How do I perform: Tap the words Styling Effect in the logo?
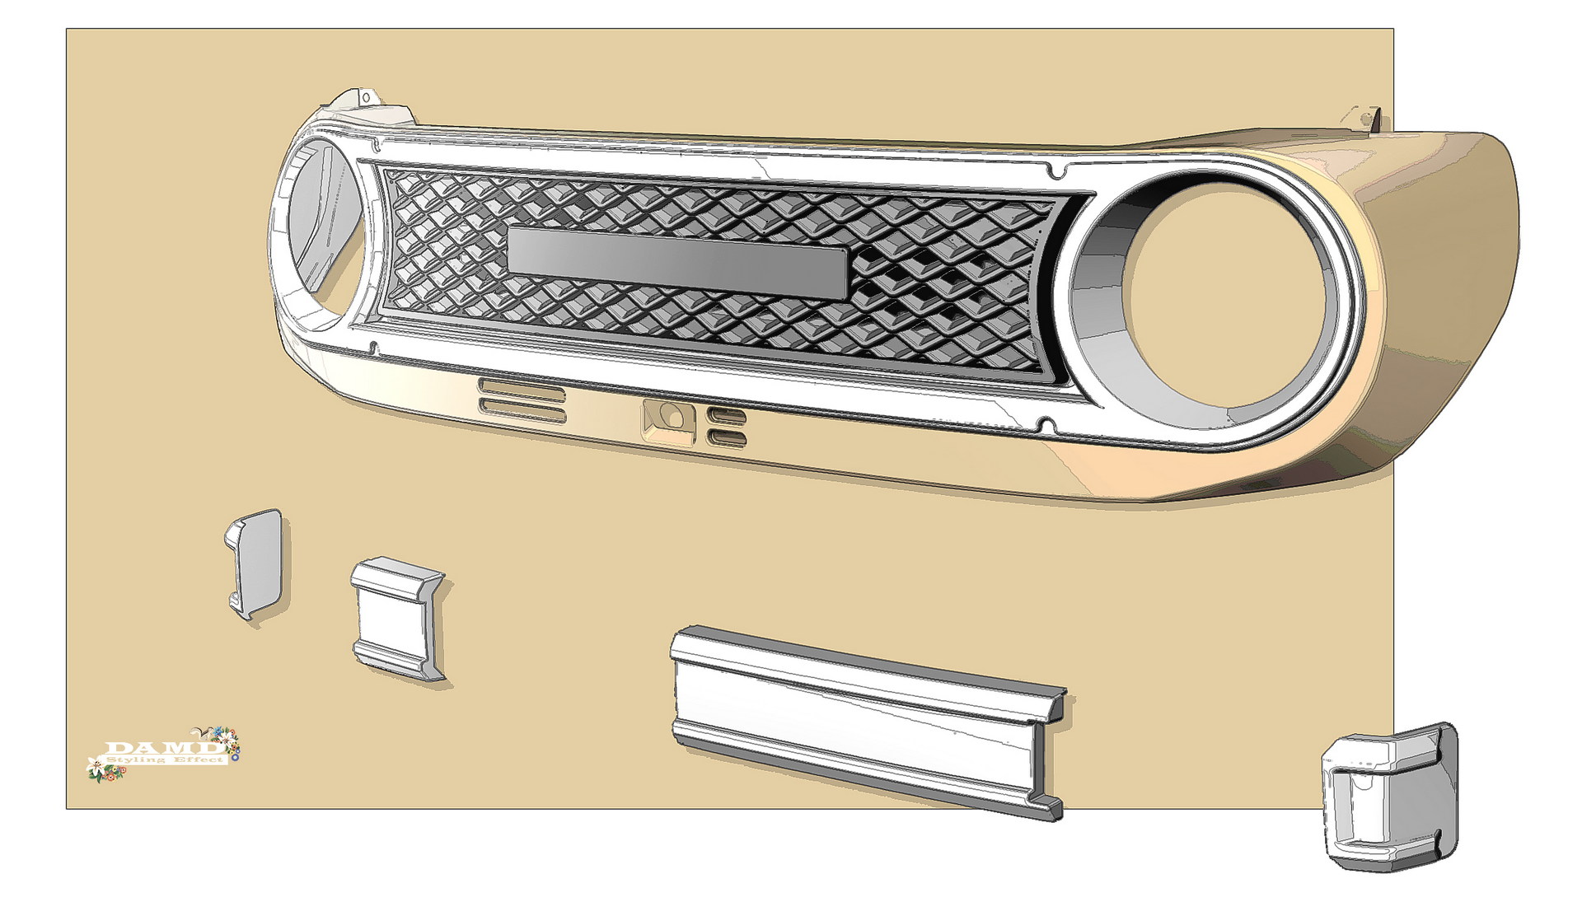[168, 759]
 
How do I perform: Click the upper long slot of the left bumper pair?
[522, 388]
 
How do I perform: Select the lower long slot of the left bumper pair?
[522, 407]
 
